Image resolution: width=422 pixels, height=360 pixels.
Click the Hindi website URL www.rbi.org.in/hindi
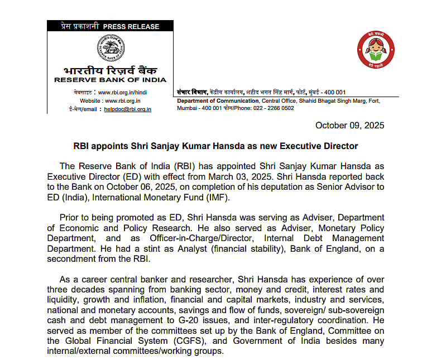[x=124, y=92]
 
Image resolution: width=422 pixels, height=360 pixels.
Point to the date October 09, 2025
[x=349, y=126]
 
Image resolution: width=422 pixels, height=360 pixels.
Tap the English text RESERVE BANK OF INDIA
[x=110, y=80]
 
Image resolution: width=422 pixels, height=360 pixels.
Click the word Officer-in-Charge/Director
[x=183, y=237]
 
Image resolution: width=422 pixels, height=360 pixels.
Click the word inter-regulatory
[x=294, y=321]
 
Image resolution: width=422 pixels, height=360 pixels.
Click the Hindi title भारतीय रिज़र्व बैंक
[x=110, y=70]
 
